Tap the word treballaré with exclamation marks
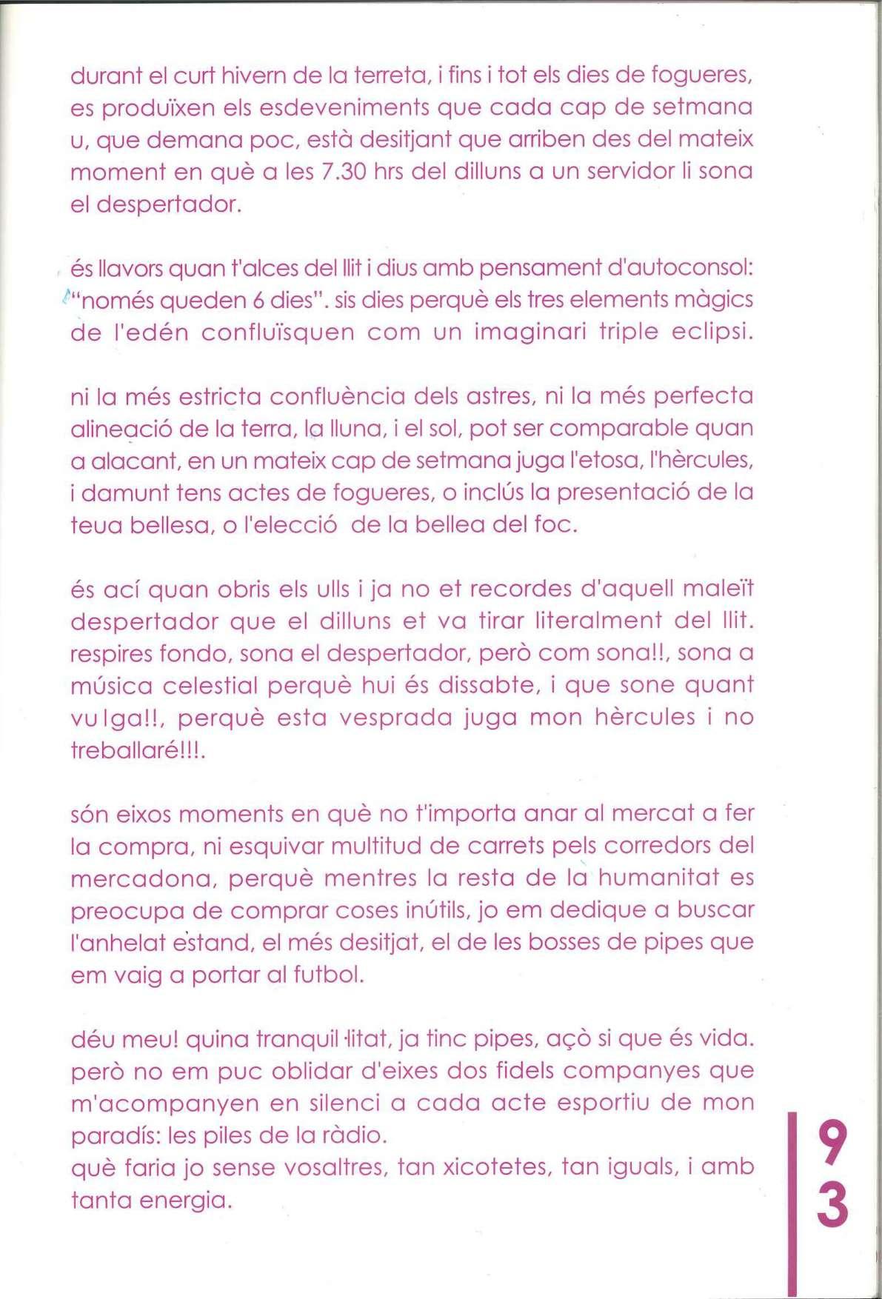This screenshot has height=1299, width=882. click(138, 750)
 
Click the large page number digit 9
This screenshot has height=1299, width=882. click(833, 1143)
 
